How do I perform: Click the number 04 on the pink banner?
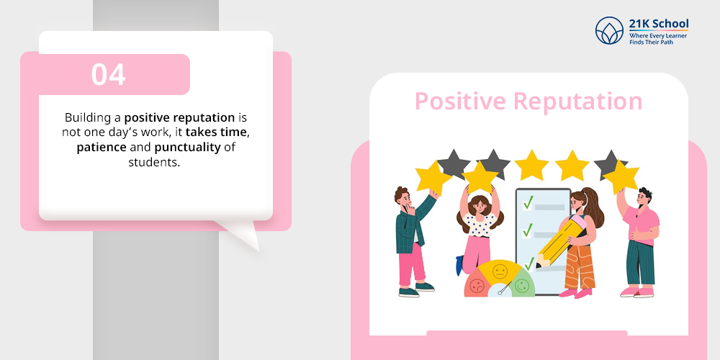[109, 74]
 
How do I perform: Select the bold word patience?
[102, 148]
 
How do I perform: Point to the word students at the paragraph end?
[154, 162]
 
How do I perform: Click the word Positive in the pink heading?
[461, 102]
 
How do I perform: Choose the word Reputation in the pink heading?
[577, 102]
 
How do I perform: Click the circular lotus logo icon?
[609, 30]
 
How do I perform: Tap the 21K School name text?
[659, 24]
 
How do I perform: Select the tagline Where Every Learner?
[658, 35]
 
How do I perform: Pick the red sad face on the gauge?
[477, 286]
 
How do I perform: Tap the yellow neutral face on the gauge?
[500, 271]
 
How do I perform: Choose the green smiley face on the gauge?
[521, 286]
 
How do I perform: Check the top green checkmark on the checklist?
[528, 202]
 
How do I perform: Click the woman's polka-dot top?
[479, 225]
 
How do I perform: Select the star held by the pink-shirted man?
[621, 177]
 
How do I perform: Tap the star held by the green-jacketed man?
[433, 178]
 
